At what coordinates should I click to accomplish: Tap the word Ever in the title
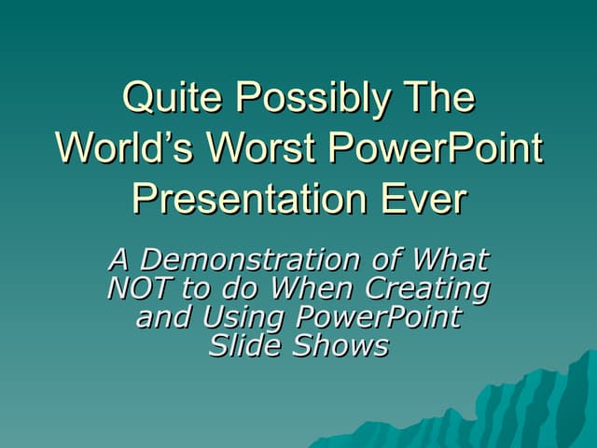tap(419, 199)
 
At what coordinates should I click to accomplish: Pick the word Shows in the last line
tap(340, 346)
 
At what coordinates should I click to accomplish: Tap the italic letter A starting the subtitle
tap(119, 259)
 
